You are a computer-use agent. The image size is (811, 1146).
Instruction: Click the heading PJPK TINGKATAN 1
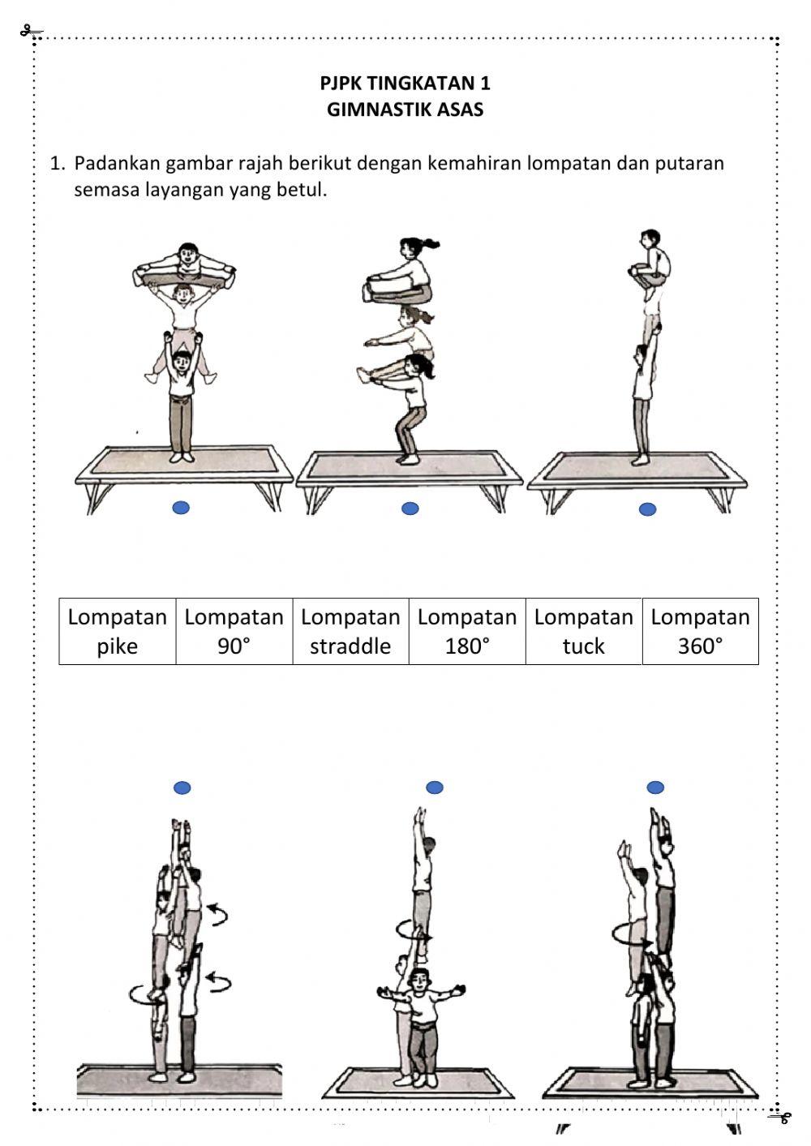pos(405,83)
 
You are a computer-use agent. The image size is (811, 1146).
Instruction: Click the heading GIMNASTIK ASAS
pos(405,109)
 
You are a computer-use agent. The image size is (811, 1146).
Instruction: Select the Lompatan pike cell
pos(118,631)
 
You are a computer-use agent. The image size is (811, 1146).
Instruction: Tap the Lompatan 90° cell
pos(234,631)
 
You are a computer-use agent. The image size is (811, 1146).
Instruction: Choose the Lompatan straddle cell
pos(350,631)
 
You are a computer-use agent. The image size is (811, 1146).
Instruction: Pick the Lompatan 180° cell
pos(467,631)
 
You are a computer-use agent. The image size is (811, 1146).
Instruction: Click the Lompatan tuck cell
pos(584,631)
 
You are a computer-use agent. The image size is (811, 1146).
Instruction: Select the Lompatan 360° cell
pos(700,631)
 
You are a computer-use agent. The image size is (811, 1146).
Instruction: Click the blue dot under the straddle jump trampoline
pos(182,508)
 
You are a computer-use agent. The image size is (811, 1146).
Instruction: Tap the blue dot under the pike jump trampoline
pos(410,509)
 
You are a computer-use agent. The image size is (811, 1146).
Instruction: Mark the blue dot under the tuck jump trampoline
pos(647,509)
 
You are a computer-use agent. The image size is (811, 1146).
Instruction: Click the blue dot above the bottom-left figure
pos(182,788)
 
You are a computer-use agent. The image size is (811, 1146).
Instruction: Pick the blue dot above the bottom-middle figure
pos(435,787)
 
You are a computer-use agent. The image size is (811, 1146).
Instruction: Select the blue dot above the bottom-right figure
pos(655,787)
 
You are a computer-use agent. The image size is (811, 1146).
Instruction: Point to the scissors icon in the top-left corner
pos(31,32)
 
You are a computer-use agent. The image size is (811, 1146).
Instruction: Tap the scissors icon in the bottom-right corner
pos(779,1118)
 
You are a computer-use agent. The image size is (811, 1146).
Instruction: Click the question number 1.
pos(57,163)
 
